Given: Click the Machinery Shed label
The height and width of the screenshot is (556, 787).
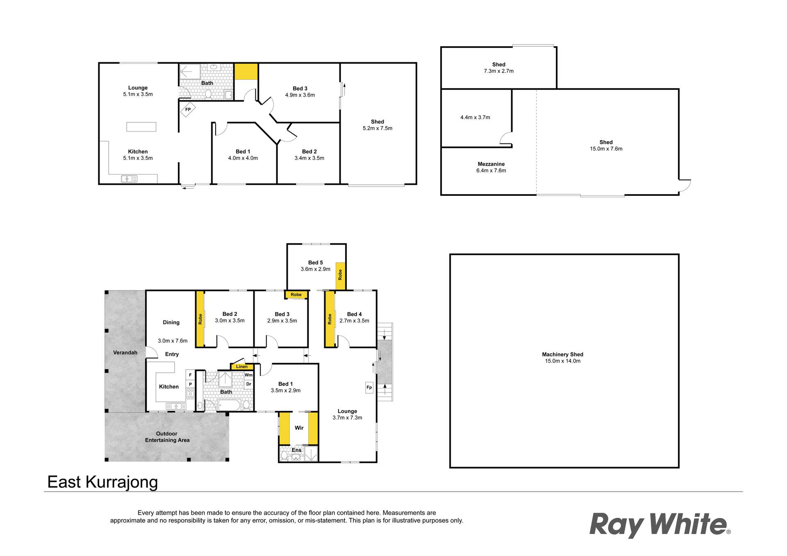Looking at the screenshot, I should click(562, 354).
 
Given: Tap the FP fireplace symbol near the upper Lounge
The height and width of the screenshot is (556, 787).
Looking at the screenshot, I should click(188, 110).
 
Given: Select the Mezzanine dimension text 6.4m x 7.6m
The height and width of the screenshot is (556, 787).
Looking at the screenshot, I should click(491, 170).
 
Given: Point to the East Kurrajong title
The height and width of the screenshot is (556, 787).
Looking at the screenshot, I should click(102, 482).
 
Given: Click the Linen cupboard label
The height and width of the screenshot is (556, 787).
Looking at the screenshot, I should click(241, 367).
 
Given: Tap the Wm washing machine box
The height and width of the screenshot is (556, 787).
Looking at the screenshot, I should click(248, 375).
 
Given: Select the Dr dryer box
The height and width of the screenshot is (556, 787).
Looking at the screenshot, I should click(248, 384).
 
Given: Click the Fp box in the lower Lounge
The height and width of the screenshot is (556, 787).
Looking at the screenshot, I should click(369, 388).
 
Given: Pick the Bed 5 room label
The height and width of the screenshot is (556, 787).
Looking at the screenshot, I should click(315, 263).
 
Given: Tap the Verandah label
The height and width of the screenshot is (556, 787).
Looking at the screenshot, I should click(125, 353).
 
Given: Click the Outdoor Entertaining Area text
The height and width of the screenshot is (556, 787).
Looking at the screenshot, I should click(167, 437).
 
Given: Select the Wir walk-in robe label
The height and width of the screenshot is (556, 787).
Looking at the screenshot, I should click(299, 428).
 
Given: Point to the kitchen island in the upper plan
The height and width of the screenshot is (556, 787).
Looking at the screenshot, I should click(141, 127).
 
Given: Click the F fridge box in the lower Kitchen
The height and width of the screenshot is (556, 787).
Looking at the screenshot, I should click(190, 375).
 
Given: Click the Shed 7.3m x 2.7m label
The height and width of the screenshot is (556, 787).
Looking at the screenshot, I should click(498, 68).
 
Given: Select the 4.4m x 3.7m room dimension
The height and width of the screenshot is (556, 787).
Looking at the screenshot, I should click(475, 118).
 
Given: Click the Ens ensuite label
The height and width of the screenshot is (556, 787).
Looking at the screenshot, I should click(296, 450).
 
